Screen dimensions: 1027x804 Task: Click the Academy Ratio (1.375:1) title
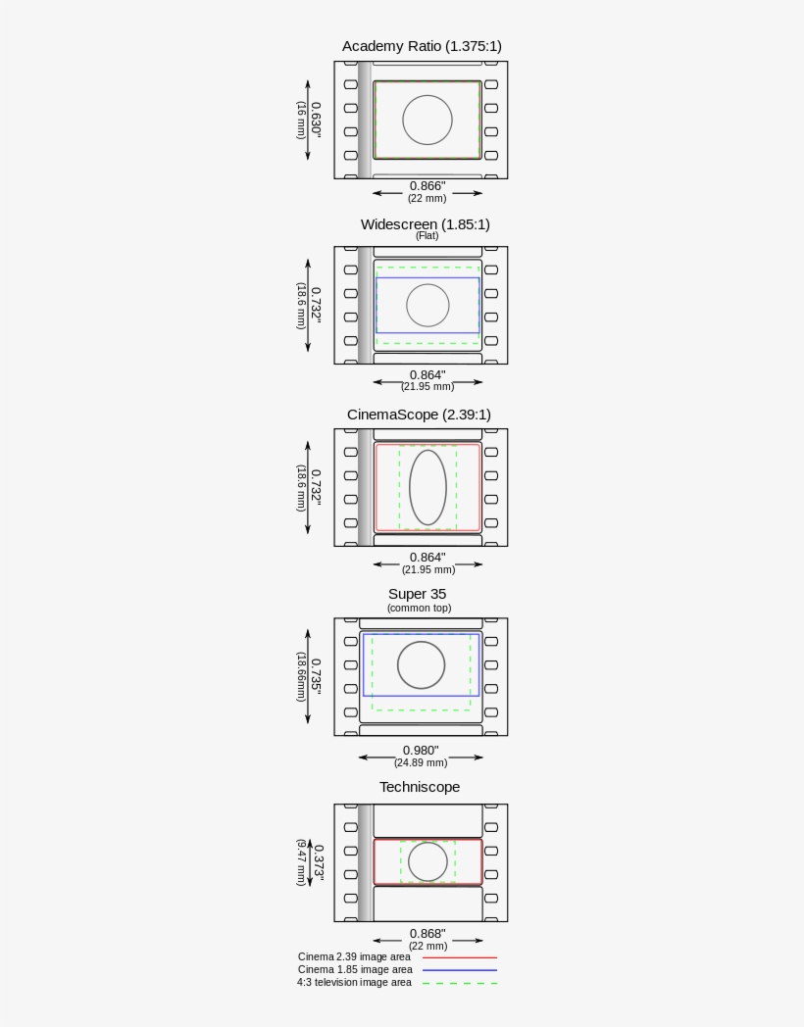pos(422,46)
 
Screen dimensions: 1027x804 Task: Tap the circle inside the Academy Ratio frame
pos(427,121)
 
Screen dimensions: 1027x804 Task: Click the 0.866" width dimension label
pos(427,185)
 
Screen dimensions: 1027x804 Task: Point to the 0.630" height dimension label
pos(316,120)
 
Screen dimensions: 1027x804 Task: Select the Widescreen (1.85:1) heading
pos(425,223)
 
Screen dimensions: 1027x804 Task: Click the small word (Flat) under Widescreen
pos(427,236)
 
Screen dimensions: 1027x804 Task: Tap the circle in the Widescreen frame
pos(427,306)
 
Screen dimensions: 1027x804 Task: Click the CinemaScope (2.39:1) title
pos(419,415)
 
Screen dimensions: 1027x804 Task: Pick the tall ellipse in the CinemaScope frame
pos(427,487)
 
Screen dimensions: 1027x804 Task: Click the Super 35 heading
pos(417,594)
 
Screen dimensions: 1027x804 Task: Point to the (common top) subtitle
pos(419,608)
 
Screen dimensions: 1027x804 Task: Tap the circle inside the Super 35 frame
pos(421,665)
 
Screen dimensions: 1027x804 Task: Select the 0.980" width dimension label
pos(421,750)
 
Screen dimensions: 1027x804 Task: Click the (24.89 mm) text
pos(421,762)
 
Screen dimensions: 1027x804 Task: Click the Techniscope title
pos(420,787)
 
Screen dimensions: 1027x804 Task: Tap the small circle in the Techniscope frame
pos(427,861)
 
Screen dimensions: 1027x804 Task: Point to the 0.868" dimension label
pos(427,933)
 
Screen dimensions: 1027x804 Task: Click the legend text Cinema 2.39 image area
pos(354,956)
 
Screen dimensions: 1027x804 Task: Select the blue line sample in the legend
pos(460,970)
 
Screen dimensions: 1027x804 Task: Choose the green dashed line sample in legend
pos(460,983)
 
